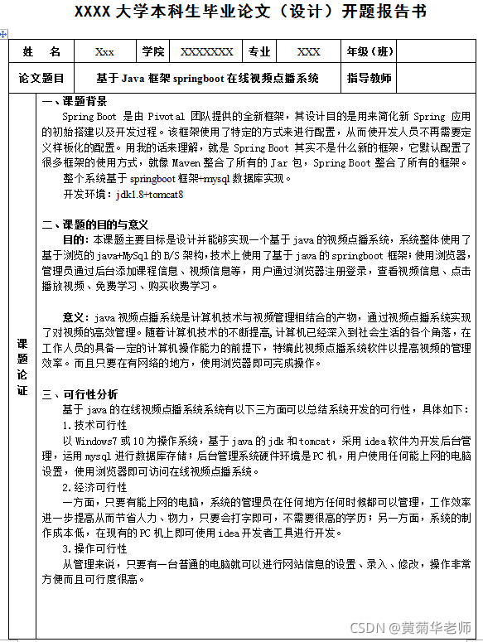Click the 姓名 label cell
pos(41,51)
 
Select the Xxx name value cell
pos(104,51)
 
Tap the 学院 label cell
pos(153,51)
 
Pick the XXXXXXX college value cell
pos(206,51)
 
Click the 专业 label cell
pos(259,51)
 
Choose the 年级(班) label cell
pos(370,51)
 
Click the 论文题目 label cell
pos(41,79)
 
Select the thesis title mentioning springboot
pos(207,79)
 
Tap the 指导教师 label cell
pos(369,79)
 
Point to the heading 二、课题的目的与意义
pos(95,224)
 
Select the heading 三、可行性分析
pos(80,394)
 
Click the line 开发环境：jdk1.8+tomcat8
pos(123,194)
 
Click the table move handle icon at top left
pos(4,34)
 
